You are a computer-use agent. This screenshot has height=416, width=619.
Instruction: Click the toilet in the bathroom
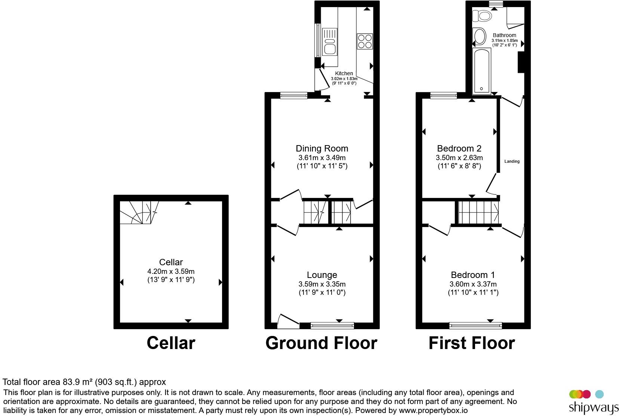pos(482,16)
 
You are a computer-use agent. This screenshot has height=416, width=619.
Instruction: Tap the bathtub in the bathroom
pos(482,71)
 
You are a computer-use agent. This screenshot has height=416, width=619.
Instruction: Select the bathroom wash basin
pos(480,37)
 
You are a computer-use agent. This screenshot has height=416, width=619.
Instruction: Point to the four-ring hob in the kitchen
pos(365,41)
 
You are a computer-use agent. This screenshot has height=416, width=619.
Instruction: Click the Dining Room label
pos(322,149)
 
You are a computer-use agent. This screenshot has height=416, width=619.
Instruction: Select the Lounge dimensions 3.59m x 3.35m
pos(322,284)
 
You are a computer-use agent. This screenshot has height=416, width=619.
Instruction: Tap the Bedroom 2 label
pos(459,149)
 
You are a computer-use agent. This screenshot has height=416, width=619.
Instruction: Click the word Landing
pos(512,161)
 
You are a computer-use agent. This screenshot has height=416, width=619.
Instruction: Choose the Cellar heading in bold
pos(171,343)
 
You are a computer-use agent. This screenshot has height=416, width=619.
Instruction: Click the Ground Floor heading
pos(321,343)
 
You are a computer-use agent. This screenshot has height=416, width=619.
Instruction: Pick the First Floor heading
pos(472,343)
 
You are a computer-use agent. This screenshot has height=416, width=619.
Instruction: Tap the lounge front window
pos(332,325)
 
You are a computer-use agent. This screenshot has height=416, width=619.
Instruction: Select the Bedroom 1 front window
pos(476,325)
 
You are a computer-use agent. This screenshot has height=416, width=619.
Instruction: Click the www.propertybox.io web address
pos(433,410)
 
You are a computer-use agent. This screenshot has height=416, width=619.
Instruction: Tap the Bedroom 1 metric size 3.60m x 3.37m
pos(473,284)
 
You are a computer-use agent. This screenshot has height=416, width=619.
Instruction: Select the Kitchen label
pos(344,73)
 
